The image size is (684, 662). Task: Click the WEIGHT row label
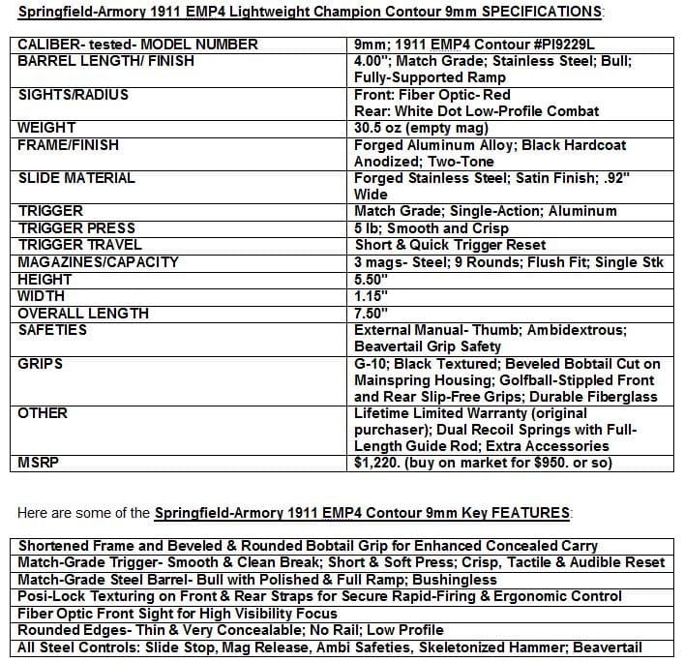(46, 128)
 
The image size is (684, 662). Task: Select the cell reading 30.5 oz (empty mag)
(421, 128)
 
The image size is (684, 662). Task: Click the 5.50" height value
(372, 279)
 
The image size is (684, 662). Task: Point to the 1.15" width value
(372, 295)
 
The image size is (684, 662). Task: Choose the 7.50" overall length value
(372, 313)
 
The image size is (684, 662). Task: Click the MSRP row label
(39, 463)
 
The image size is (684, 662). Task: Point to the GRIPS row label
(41, 364)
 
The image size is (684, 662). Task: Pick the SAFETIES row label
(52, 329)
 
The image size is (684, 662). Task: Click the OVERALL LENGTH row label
(83, 313)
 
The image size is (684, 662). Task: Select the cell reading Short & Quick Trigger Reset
(450, 245)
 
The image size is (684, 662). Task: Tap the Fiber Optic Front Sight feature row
(178, 614)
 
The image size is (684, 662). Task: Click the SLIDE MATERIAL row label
(76, 178)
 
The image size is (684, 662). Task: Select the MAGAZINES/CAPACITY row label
(98, 261)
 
